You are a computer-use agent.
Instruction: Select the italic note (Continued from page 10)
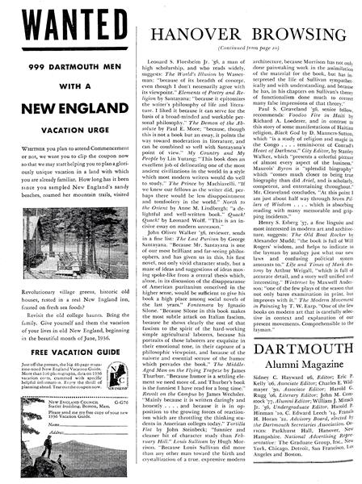(235, 48)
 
